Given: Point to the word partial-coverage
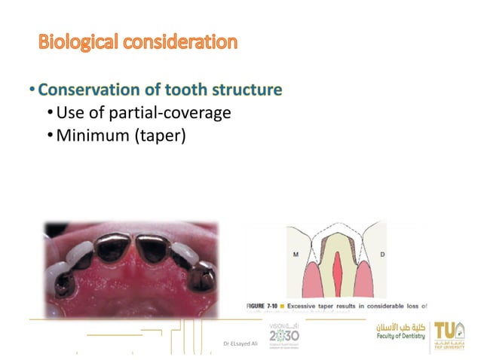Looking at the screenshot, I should [170, 113].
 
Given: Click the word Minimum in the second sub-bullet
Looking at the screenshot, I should [91, 136].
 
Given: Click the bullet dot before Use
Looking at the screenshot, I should [50, 114].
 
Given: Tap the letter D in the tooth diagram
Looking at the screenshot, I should [382, 255].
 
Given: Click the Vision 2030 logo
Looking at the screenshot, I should [283, 333].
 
